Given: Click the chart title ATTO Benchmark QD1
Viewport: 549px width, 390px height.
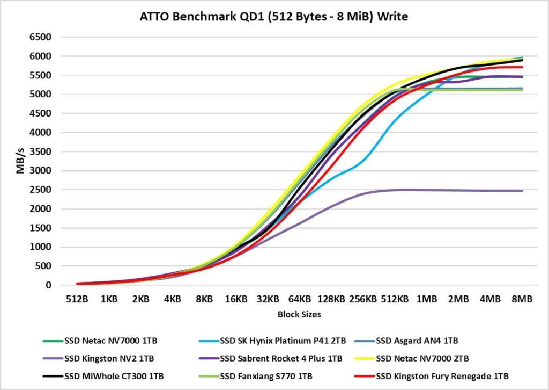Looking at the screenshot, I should point(274,17).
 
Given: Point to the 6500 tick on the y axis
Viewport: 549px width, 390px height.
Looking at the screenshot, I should point(41,37).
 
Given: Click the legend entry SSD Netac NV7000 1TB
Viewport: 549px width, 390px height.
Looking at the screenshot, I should point(107,341).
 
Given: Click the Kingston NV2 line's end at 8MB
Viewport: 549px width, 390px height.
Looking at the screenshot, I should point(522,191).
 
